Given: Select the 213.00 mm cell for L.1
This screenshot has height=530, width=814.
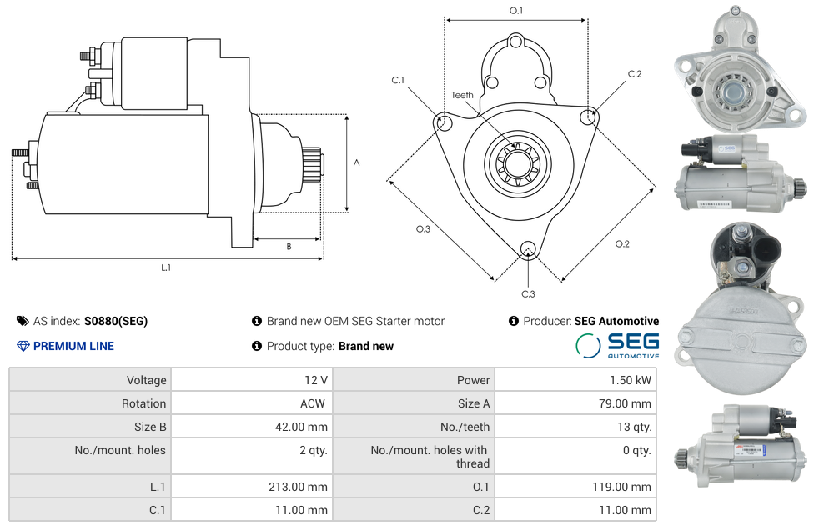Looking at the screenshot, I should [x=304, y=487].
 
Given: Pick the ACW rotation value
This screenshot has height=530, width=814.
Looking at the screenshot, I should [x=314, y=403].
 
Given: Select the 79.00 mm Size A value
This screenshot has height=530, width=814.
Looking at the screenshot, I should [x=627, y=403].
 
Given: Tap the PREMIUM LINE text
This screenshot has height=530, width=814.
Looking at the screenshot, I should [x=73, y=346].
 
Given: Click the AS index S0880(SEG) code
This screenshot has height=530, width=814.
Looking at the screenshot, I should [x=115, y=321].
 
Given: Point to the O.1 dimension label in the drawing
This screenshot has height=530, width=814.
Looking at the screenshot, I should [x=516, y=11].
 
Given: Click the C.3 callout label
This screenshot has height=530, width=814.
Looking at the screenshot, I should [x=528, y=293].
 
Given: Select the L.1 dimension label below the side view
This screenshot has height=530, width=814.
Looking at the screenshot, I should [x=166, y=267].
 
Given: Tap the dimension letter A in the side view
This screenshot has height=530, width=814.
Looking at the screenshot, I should [x=356, y=162].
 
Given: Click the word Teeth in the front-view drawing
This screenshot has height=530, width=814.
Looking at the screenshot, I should [x=462, y=95].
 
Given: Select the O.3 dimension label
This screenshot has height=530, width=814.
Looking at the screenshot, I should [x=423, y=229].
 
